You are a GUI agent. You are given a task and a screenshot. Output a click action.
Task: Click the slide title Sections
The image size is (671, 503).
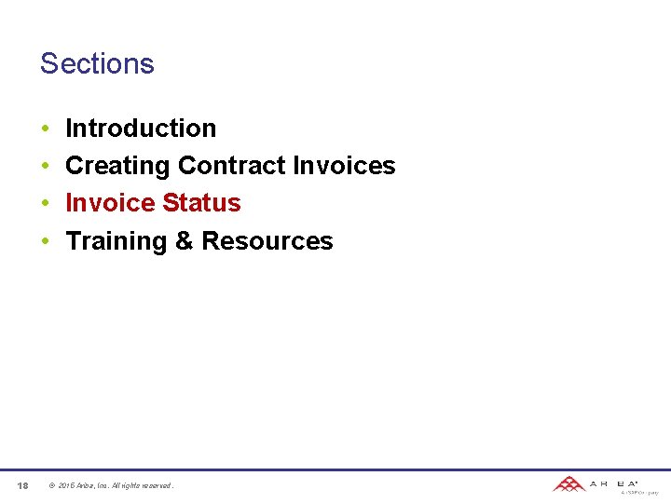tap(97, 63)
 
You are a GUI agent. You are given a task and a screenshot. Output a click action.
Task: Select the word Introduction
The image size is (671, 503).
tap(141, 128)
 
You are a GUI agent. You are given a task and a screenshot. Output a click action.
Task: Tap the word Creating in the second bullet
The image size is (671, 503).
tap(117, 166)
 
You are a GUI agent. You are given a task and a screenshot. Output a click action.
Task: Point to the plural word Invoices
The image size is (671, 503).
tap(344, 166)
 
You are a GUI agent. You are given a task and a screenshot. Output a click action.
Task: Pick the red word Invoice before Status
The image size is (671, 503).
tap(110, 203)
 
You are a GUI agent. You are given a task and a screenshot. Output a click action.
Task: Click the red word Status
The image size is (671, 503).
tap(201, 203)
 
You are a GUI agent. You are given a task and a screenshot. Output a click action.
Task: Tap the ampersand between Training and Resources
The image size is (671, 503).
tap(185, 241)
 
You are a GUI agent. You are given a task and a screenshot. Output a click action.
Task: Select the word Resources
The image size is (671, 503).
tap(267, 241)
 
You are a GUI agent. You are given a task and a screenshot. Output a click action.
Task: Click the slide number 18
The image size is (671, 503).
tap(22, 485)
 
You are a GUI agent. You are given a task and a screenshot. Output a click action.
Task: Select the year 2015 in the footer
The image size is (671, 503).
tap(66, 485)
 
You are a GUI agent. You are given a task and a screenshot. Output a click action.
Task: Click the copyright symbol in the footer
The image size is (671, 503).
tap(51, 485)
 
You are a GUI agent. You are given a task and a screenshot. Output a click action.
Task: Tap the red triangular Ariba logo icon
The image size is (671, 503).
tap(568, 483)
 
